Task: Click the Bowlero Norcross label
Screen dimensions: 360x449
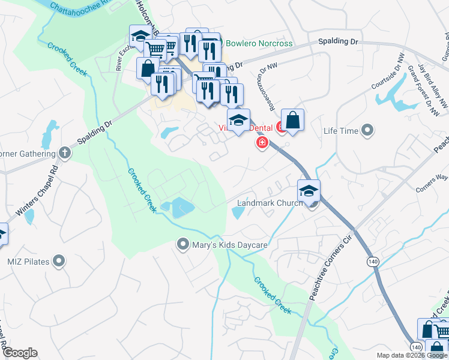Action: tap(259, 44)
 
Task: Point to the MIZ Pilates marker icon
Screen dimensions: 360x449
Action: tap(58, 260)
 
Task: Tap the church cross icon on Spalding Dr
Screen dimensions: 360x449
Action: tap(64, 153)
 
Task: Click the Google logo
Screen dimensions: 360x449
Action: tap(20, 353)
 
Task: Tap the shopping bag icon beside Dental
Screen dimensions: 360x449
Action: tap(292, 120)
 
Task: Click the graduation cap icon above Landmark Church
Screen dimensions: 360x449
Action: tap(309, 191)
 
